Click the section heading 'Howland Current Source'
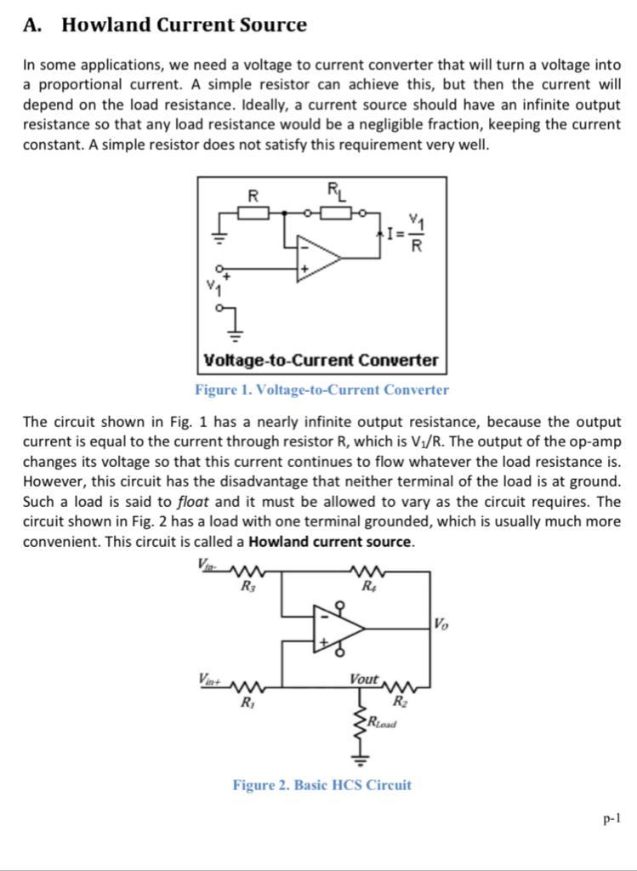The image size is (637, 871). [x=184, y=25]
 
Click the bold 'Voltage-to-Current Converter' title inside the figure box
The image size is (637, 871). [x=321, y=360]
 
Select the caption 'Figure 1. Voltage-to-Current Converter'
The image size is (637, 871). [x=321, y=390]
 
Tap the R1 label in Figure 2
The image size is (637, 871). [x=247, y=703]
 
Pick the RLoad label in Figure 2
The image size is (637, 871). [x=382, y=722]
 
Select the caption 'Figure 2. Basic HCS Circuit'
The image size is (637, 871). [x=321, y=784]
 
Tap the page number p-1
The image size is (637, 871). [x=611, y=819]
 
